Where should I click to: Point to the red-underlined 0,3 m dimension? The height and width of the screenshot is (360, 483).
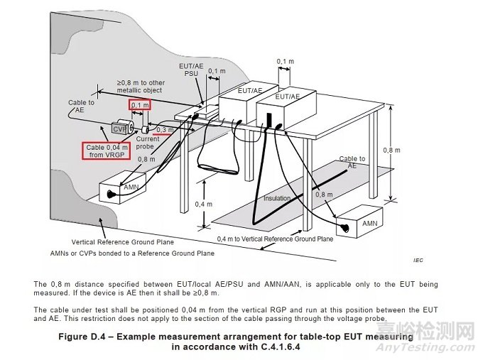pyautogui.click(x=164, y=130)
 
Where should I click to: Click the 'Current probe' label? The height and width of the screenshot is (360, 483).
pyautogui.click(x=148, y=143)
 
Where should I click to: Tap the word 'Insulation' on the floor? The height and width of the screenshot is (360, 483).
pyautogui.click(x=278, y=198)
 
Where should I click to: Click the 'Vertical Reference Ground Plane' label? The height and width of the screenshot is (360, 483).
pyautogui.click(x=117, y=241)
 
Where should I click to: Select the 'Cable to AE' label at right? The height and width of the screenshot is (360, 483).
pyautogui.click(x=352, y=162)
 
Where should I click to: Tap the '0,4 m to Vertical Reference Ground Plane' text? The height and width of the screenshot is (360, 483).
pyautogui.click(x=275, y=239)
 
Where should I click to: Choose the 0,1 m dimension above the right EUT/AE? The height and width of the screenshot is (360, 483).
pyautogui.click(x=286, y=62)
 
